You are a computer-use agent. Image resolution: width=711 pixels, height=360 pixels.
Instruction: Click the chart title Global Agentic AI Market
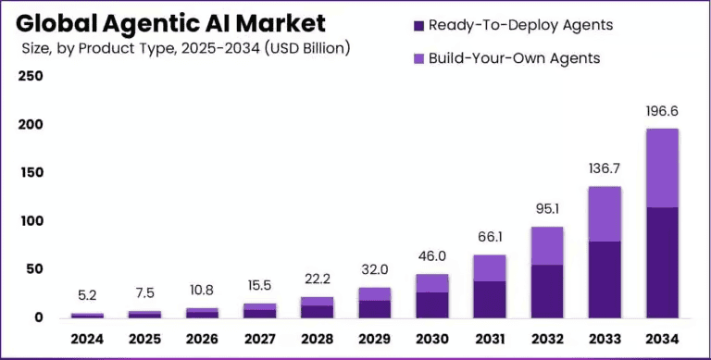coord(171,22)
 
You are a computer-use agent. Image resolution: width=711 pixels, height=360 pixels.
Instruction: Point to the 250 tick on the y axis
coord(31,76)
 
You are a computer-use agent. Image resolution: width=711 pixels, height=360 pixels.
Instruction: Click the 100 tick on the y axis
coord(31,221)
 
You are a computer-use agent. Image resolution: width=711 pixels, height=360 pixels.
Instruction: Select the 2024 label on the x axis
coord(87,339)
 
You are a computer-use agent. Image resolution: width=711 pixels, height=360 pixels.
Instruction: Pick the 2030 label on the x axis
coord(431,339)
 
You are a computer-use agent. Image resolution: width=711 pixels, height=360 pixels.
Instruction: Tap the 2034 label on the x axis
coord(661,339)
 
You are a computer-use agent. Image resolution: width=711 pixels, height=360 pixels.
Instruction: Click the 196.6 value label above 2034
coord(661,111)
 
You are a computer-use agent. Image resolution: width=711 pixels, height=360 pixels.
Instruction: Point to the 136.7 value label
coord(604,169)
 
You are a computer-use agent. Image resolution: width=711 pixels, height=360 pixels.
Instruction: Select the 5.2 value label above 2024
coord(87,296)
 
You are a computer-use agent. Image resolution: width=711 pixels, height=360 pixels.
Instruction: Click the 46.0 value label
coord(431,256)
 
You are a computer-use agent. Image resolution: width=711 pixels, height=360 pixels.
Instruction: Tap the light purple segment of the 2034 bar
coord(661,168)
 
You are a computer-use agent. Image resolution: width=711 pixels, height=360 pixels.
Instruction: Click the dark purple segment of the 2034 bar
coord(661,263)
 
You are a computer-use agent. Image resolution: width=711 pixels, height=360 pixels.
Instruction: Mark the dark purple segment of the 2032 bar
coord(546,292)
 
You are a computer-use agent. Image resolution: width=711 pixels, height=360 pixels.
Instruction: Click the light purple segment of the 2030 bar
coord(431,283)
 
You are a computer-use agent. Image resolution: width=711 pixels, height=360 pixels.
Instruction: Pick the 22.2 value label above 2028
coord(317,279)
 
